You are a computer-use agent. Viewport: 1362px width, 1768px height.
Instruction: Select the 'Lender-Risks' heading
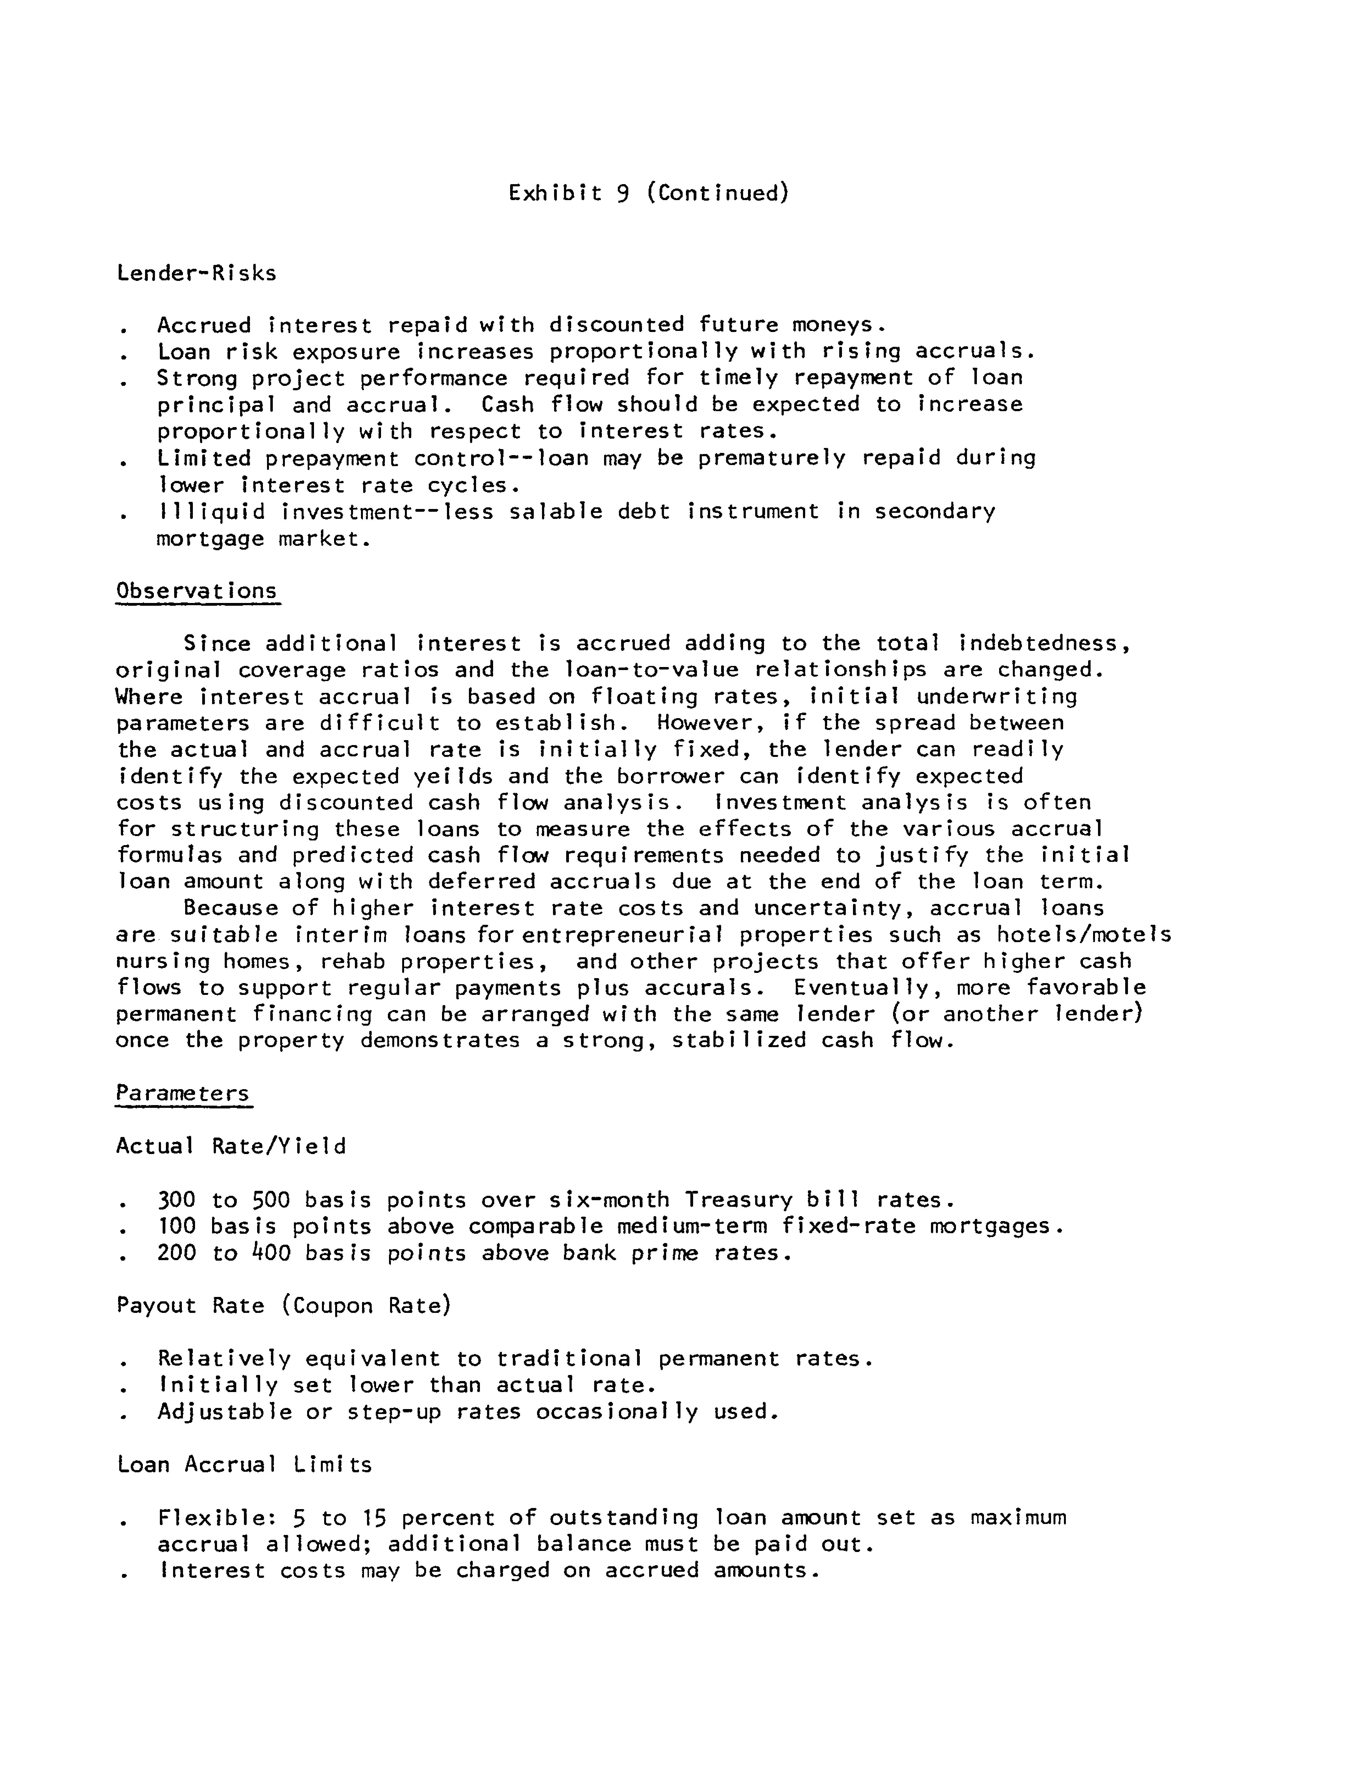tap(197, 273)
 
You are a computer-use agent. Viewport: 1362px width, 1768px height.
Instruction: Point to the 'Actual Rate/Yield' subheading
tap(232, 1146)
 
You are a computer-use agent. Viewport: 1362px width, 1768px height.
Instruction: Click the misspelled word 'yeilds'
tap(454, 776)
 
